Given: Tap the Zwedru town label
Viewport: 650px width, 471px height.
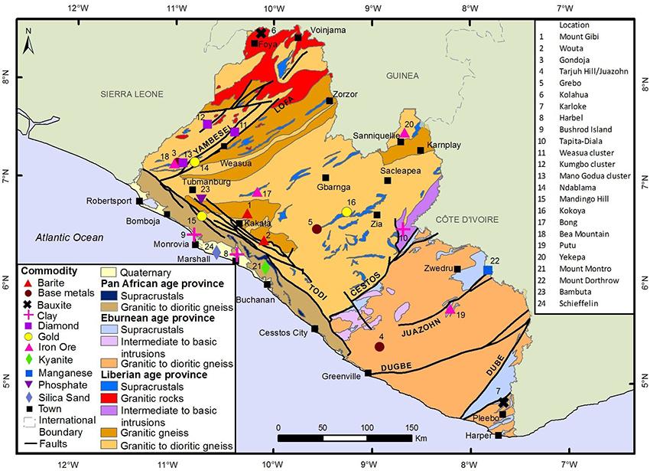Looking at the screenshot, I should (433, 269).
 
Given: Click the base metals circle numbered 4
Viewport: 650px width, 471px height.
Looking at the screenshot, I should (379, 347).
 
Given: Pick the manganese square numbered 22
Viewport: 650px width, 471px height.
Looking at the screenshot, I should (488, 270).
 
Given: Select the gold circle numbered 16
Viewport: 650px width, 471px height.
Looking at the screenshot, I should (346, 211).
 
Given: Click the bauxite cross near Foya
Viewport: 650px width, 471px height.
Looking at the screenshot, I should (261, 33).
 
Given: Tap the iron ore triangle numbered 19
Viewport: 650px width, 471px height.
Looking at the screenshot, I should (450, 309).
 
